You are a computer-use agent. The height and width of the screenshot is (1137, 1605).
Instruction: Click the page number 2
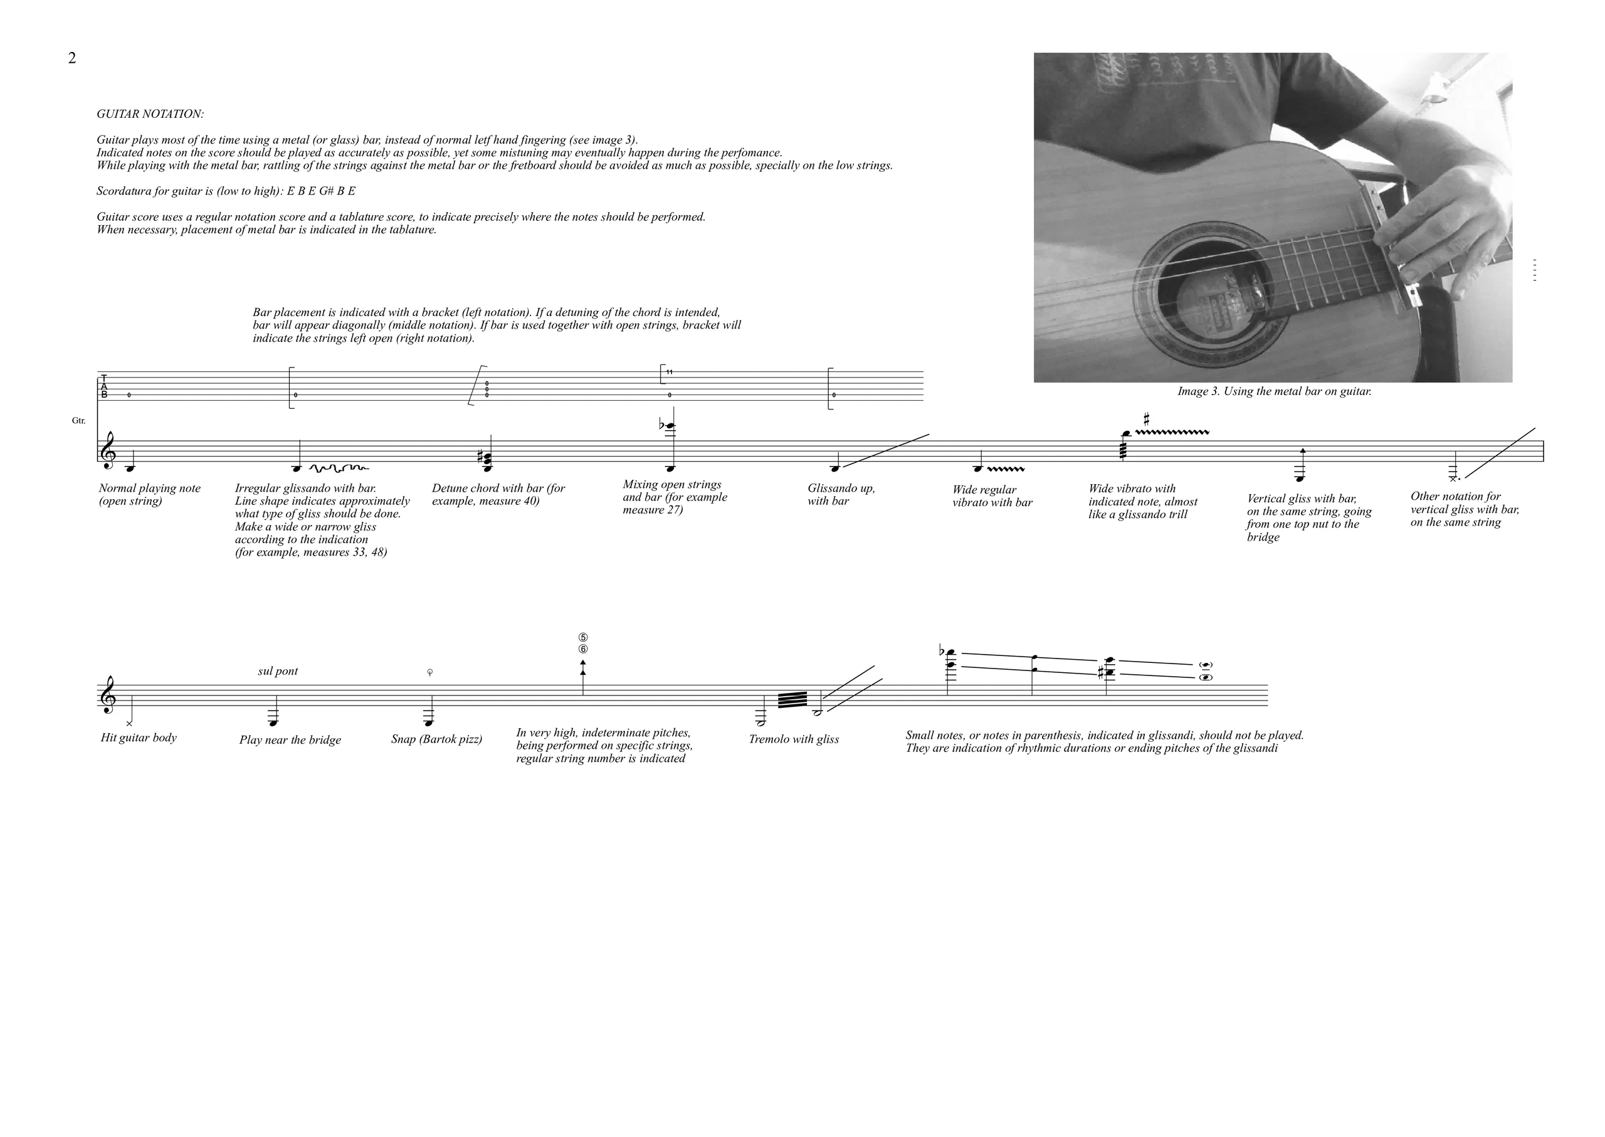72,58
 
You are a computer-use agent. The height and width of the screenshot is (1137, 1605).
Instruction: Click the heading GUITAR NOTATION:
150,114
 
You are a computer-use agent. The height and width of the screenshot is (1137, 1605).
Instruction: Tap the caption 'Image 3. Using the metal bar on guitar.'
1274,391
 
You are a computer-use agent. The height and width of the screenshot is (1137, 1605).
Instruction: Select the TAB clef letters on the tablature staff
104,386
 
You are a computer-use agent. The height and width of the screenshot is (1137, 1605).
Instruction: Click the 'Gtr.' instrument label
78,421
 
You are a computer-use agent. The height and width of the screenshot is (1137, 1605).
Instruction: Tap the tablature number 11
670,372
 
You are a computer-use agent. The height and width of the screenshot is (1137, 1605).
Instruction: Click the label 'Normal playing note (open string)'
150,494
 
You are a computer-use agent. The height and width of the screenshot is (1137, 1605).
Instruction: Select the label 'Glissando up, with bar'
841,494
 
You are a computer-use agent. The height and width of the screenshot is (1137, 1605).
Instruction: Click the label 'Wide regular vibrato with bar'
992,495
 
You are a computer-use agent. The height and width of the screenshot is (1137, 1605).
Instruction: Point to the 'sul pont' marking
278,672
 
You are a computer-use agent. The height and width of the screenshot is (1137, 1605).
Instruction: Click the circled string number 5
583,638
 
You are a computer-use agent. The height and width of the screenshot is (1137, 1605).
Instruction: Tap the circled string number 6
583,649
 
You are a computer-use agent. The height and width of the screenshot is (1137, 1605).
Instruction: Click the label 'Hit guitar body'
139,738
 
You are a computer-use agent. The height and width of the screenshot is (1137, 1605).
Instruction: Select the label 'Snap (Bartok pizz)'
437,739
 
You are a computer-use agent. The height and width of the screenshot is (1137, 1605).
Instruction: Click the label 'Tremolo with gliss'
794,739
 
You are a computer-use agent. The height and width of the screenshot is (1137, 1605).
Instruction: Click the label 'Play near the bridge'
290,740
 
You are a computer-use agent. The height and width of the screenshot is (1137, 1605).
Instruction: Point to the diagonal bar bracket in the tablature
477,386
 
